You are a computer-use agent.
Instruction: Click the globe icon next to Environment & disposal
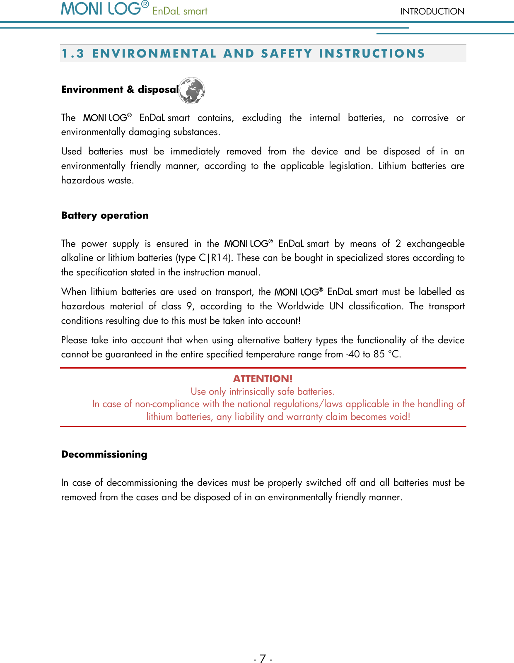point(191,90)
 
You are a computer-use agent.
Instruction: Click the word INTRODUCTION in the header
point(432,12)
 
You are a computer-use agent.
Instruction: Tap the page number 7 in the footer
point(263,658)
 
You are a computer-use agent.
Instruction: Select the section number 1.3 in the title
point(73,54)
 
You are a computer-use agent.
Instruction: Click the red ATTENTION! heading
point(263,379)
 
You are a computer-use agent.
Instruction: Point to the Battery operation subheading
point(105,215)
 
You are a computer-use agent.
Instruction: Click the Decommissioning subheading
point(104,454)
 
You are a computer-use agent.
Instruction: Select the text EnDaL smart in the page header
point(180,11)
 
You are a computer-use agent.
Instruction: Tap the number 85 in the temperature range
point(379,354)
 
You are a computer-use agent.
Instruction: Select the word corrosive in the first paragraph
point(430,118)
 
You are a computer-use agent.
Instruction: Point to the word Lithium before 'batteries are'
point(392,166)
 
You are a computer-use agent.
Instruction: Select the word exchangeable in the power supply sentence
point(435,244)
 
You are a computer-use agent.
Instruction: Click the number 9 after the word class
point(189,306)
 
